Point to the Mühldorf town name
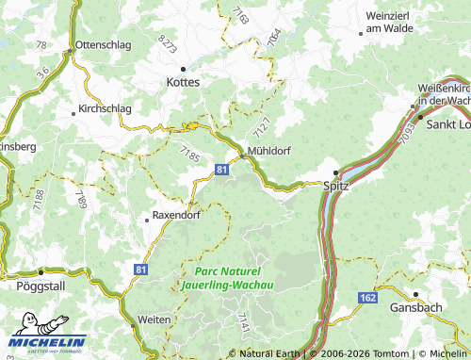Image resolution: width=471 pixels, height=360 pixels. click(269, 149)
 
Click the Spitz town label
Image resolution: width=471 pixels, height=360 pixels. click(336, 186)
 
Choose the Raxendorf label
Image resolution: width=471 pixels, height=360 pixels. click(177, 216)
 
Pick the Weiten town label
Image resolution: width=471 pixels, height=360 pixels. click(154, 320)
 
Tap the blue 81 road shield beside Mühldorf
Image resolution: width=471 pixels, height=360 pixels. click(221, 169)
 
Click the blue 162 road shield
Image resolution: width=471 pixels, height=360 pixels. click(367, 298)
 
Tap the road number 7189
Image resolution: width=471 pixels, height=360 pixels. click(81, 199)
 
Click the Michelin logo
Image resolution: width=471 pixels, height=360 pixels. click(47, 343)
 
